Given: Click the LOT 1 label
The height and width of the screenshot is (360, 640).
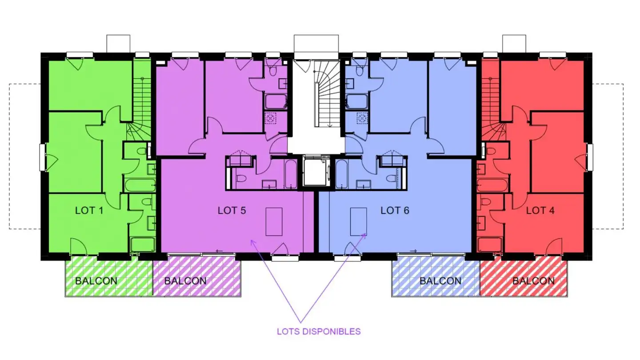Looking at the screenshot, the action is pyautogui.click(x=89, y=211).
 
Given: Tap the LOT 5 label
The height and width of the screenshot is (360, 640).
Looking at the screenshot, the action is pyautogui.click(x=232, y=211).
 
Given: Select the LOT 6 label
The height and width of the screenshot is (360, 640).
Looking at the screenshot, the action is pyautogui.click(x=395, y=211).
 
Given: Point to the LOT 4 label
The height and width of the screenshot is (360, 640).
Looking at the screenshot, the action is pyautogui.click(x=540, y=211).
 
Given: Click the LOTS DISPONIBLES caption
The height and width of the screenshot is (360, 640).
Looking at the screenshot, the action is pyautogui.click(x=319, y=332).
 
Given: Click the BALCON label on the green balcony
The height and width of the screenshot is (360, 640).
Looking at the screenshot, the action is pyautogui.click(x=96, y=281).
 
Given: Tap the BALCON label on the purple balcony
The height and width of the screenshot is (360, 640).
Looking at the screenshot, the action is pyautogui.click(x=185, y=281).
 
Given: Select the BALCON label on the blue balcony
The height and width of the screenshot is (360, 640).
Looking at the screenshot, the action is pyautogui.click(x=440, y=281).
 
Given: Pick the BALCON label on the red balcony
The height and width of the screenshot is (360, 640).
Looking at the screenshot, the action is pyautogui.click(x=533, y=281).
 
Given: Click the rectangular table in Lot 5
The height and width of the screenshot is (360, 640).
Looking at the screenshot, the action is pyautogui.click(x=274, y=222).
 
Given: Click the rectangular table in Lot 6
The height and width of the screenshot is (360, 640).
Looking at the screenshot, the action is pyautogui.click(x=359, y=222).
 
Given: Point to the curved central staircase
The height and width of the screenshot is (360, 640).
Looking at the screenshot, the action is pyautogui.click(x=327, y=94).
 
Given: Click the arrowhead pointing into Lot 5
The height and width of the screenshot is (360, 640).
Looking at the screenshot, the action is pyautogui.click(x=252, y=243).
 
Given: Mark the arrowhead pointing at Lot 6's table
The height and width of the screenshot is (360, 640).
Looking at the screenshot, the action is pyautogui.click(x=364, y=236).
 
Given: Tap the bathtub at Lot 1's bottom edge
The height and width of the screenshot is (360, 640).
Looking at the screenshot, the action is pyautogui.click(x=143, y=244).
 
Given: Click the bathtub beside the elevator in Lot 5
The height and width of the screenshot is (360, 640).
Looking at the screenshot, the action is pyautogui.click(x=291, y=174).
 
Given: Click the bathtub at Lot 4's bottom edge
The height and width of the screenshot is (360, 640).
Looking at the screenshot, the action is pyautogui.click(x=490, y=244).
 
